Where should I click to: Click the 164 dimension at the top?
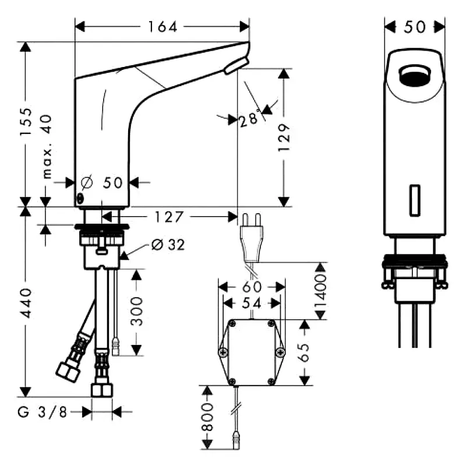coord(162,27)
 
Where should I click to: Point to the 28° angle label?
coord(249,120)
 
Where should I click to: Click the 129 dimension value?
coord(284,137)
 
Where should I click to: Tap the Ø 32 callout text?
coord(167,245)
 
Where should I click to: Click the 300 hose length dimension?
coord(136,312)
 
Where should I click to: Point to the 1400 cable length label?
coord(320,291)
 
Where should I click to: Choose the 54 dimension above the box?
coord(251,303)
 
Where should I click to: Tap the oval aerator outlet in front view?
coord(415,75)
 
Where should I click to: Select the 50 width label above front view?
coord(415,27)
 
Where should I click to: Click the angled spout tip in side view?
coord(236,66)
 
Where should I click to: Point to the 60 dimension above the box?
coord(251,287)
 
